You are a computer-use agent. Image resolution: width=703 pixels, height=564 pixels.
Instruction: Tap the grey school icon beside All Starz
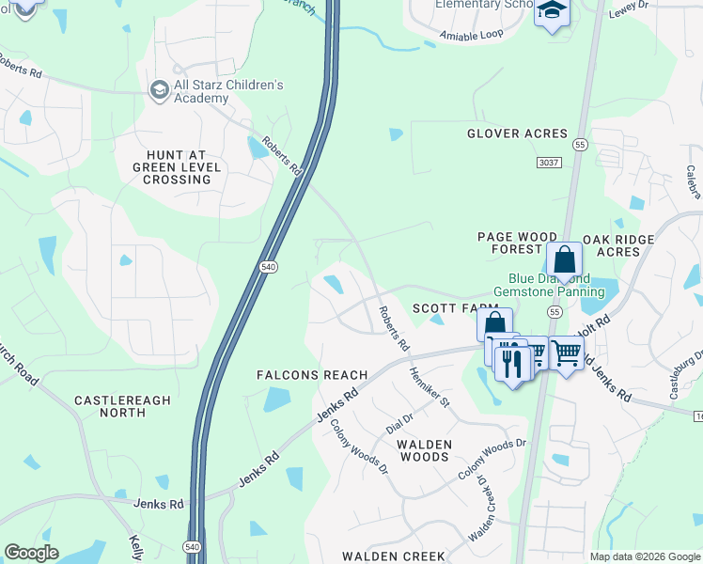(159, 89)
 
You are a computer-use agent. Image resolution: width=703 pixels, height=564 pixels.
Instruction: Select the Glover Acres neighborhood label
(517, 133)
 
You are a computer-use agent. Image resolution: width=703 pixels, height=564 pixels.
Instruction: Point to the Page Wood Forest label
(509, 244)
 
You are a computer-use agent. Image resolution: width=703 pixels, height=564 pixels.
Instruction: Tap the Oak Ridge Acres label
(617, 245)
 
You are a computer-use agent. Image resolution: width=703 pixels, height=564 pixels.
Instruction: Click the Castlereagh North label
(122, 406)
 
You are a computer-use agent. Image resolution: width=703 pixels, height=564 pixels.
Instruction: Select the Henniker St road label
(430, 386)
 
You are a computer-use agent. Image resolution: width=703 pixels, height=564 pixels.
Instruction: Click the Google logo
(31, 553)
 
